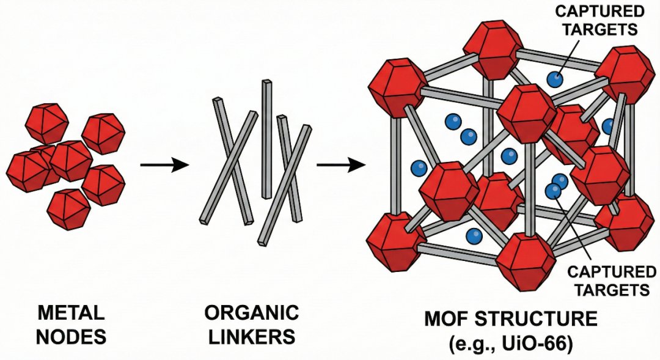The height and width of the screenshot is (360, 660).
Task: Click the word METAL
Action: point(71,315)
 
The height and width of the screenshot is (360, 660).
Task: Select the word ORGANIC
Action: point(251,315)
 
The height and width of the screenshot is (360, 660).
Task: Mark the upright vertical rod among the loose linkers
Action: point(266,139)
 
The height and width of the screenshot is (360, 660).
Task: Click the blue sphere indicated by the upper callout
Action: point(554,78)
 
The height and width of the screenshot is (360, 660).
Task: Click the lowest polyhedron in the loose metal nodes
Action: point(68,208)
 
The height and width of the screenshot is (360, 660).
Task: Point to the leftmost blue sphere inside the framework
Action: point(419,166)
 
